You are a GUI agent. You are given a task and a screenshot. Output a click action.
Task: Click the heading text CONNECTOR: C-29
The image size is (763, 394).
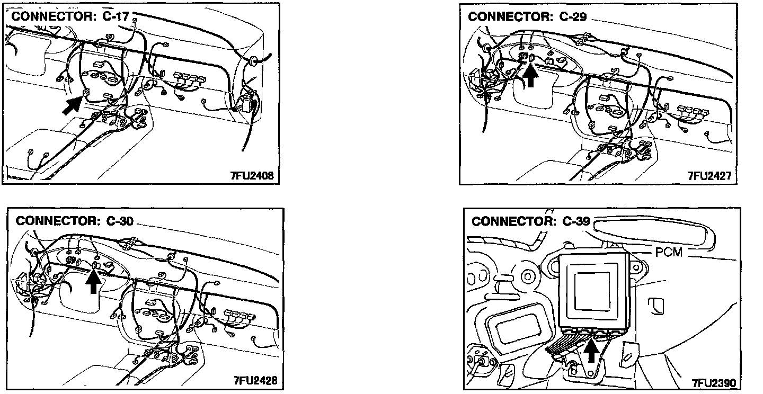527,16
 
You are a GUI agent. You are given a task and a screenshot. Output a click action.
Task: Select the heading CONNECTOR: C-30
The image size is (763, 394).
74,221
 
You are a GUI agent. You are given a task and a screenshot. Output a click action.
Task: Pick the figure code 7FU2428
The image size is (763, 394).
254,381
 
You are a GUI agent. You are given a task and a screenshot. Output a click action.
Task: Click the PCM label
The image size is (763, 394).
670,253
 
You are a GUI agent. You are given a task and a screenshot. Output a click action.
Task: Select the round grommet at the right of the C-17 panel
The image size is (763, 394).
253,62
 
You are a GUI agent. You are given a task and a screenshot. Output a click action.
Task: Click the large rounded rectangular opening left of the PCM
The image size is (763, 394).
516,325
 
